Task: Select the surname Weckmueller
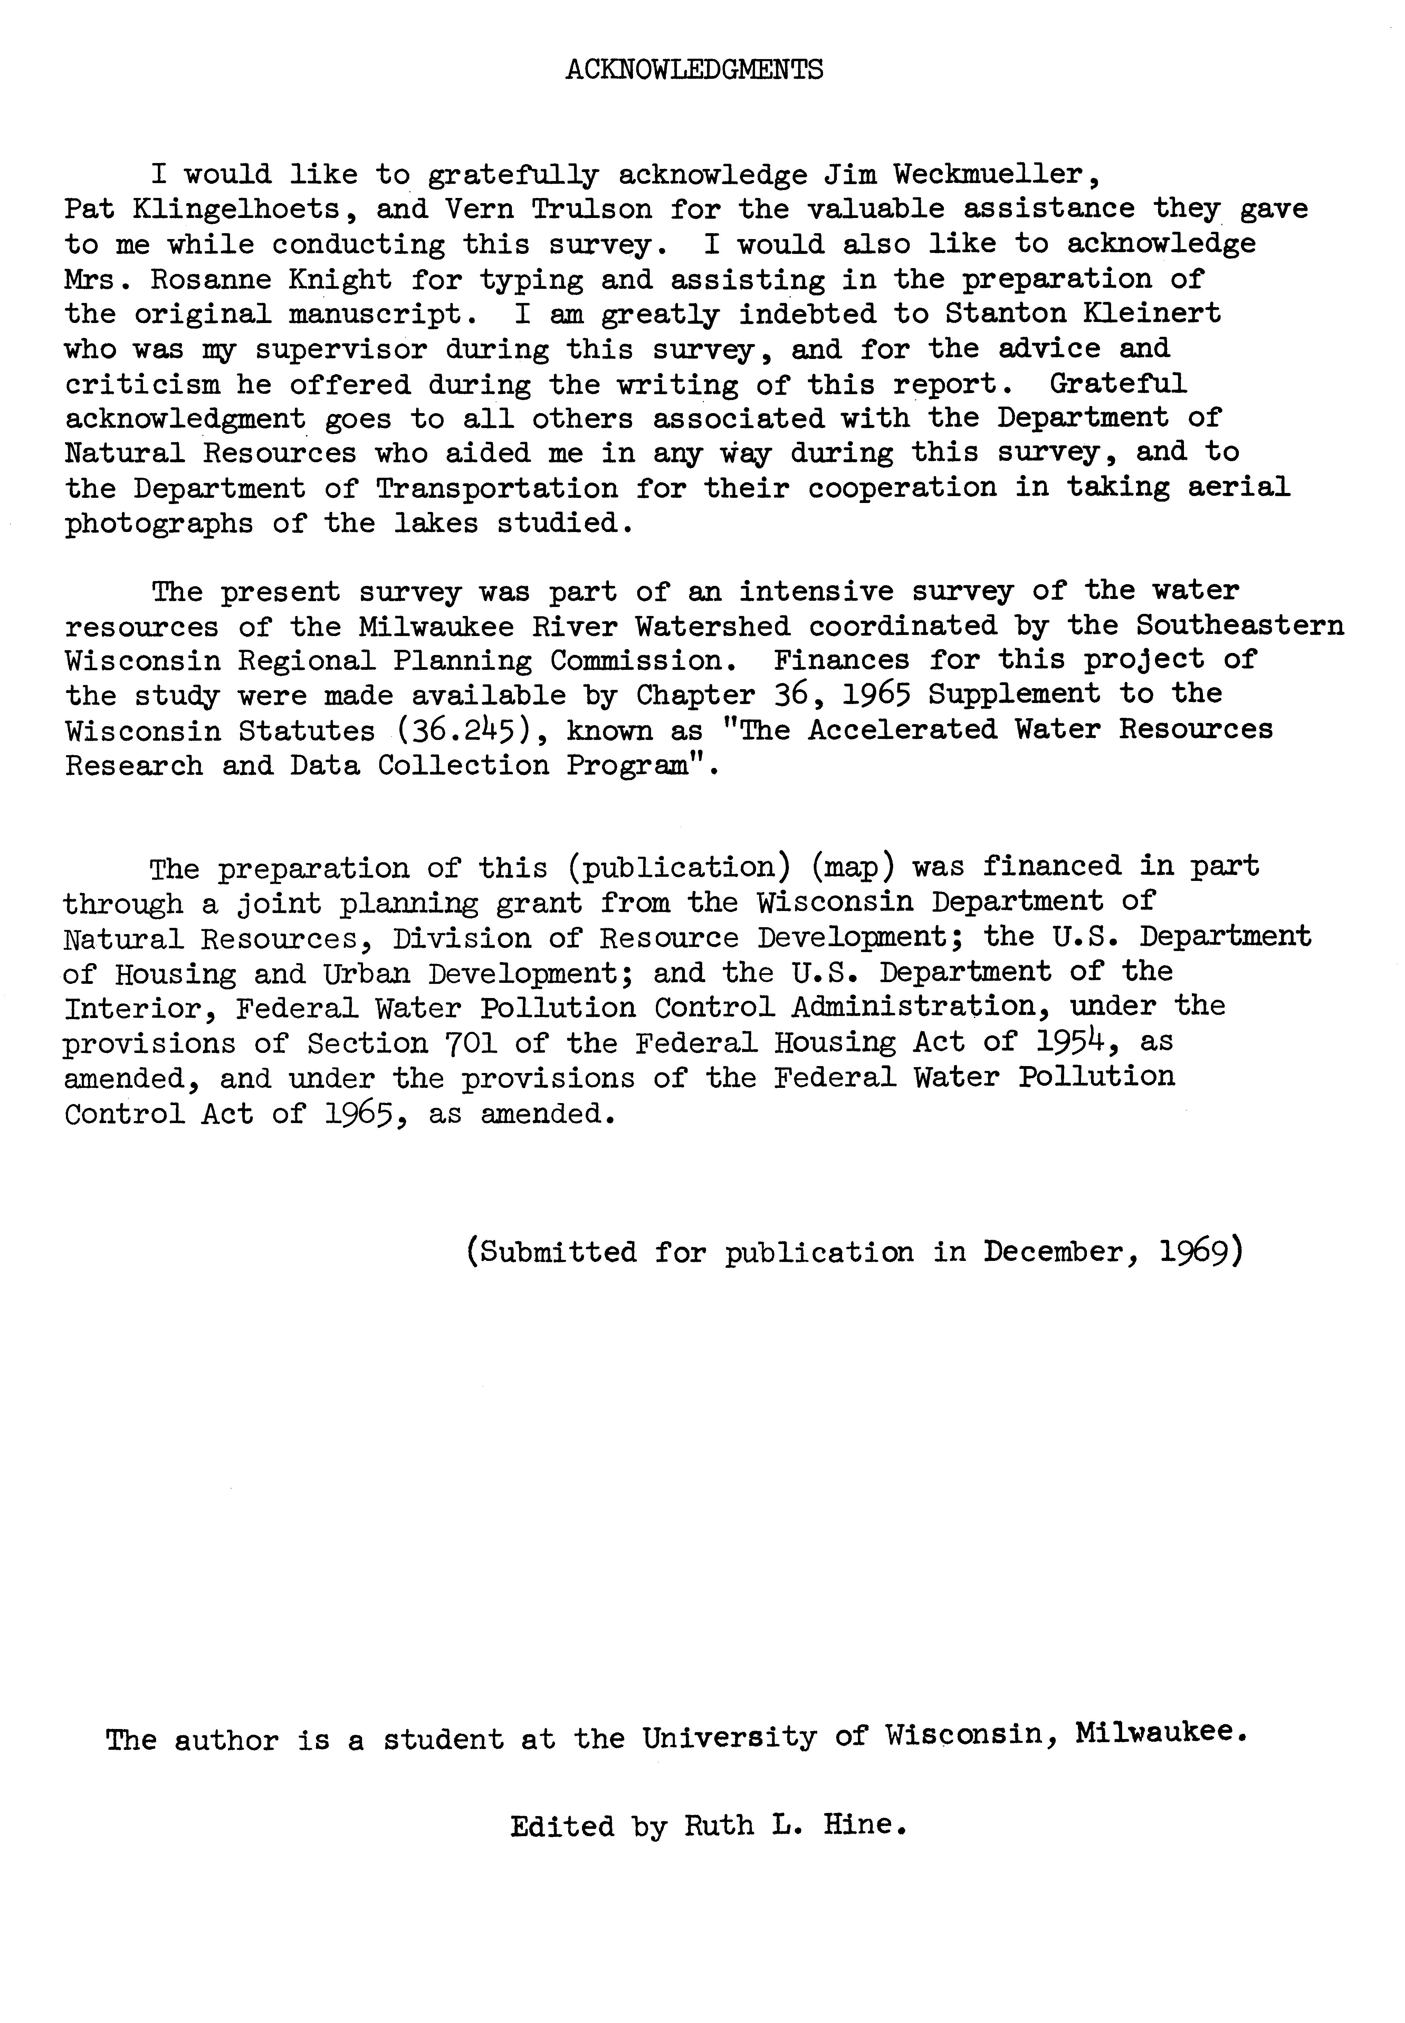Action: pyautogui.click(x=992, y=174)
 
